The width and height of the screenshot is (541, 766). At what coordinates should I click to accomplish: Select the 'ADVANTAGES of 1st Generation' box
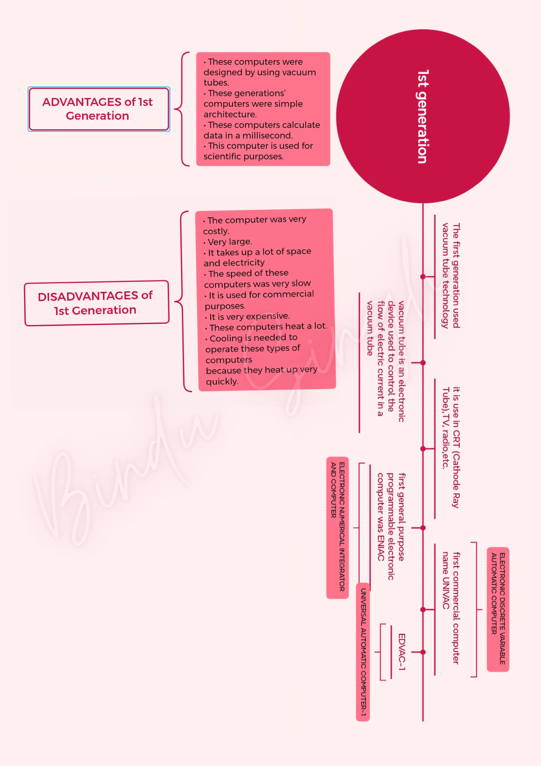click(99, 109)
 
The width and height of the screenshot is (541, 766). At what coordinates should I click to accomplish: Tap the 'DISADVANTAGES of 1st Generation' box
click(97, 303)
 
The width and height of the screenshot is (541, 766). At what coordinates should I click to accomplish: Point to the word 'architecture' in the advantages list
click(230, 115)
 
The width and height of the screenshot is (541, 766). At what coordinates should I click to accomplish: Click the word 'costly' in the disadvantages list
click(216, 231)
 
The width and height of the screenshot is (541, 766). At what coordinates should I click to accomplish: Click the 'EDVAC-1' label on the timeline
click(402, 651)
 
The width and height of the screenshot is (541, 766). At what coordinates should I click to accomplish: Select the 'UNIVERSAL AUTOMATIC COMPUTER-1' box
click(363, 652)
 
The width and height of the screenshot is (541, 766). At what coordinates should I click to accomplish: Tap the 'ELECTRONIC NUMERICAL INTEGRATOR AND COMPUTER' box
click(337, 527)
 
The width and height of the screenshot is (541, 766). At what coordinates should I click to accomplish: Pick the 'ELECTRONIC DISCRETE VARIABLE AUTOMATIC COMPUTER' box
click(498, 609)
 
